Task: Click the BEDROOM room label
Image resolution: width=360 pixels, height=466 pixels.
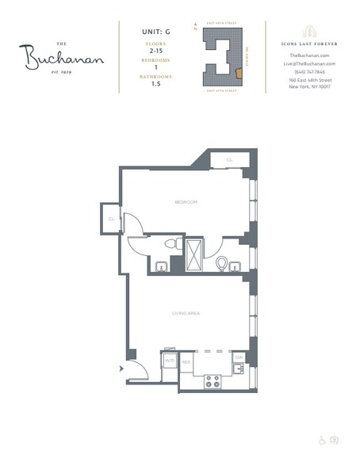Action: pyautogui.click(x=186, y=202)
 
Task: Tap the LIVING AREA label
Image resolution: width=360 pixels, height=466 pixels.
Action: pyautogui.click(x=186, y=313)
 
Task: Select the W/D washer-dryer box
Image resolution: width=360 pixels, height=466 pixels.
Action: pyautogui.click(x=170, y=361)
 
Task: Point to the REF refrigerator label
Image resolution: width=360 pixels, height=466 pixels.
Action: pyautogui.click(x=186, y=361)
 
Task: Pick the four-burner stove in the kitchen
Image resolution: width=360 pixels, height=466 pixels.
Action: pyautogui.click(x=213, y=381)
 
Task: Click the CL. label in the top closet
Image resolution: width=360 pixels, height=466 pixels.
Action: pyautogui.click(x=230, y=160)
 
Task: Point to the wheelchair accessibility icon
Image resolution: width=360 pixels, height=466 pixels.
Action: pyautogui.click(x=323, y=440)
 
